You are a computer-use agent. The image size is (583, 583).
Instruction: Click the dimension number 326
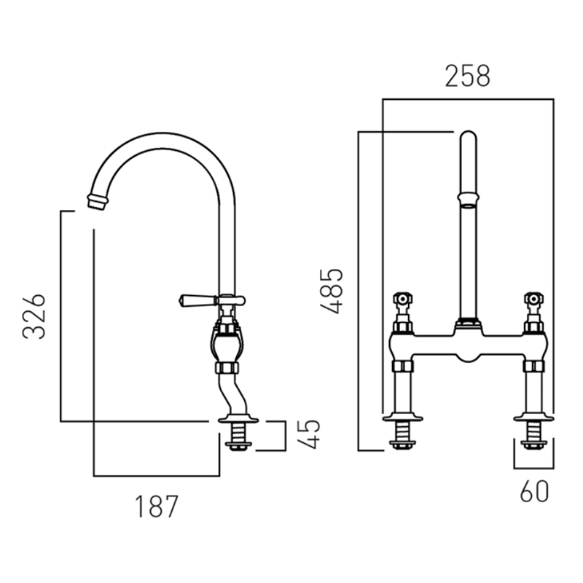click(34, 316)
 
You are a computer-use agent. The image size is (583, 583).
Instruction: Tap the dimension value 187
click(157, 506)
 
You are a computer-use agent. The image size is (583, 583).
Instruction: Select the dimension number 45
click(308, 434)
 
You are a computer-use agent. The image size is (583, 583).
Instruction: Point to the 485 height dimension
click(332, 291)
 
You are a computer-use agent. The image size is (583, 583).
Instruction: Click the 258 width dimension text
click(468, 77)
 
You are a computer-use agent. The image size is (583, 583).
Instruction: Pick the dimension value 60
click(534, 491)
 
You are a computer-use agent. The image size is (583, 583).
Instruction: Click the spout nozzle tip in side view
click(98, 201)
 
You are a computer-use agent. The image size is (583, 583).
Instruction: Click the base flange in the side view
click(238, 419)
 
